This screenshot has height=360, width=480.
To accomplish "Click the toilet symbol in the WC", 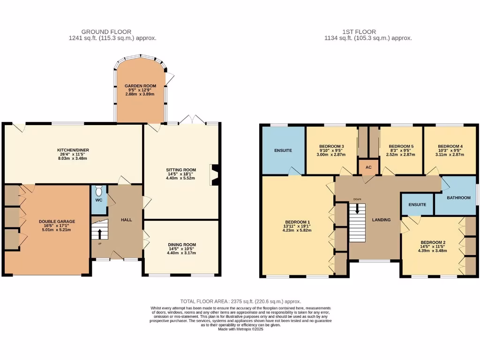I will click(x=98, y=191).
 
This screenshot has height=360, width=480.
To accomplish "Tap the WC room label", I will click(x=98, y=200).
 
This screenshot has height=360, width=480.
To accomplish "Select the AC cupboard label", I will click(x=368, y=167).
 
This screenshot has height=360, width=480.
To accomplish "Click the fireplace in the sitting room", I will click(x=214, y=174).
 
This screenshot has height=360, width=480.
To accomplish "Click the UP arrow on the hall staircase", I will click(x=99, y=233).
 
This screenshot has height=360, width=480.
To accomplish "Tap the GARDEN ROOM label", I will click(x=140, y=86).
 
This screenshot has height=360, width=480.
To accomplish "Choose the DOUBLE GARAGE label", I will click(x=57, y=221).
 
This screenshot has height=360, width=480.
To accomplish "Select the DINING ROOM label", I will click(x=182, y=245).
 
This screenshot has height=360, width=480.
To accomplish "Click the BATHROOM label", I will click(x=458, y=198).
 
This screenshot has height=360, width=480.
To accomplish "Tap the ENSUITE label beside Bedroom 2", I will click(x=417, y=205).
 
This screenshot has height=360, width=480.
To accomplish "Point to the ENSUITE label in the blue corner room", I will click(x=283, y=150).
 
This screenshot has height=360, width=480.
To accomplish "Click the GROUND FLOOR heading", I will click(x=106, y=32).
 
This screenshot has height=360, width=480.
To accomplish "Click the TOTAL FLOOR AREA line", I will click(x=240, y=301).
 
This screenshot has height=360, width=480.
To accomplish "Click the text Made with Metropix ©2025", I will click(x=240, y=329).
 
